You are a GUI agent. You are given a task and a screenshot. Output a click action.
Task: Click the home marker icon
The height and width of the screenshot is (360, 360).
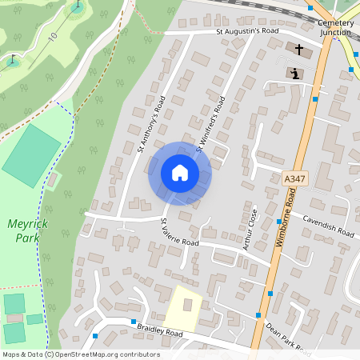pos(179,173)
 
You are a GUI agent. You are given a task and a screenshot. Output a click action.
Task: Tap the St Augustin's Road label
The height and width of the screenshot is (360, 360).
pos(247,31)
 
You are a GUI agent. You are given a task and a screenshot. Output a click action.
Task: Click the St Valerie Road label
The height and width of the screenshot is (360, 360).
pos(179,232)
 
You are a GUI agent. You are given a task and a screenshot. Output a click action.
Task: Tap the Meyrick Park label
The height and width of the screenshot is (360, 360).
pos(27,230)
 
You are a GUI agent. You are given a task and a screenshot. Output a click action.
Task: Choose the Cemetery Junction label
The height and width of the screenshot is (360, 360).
pos(335,28)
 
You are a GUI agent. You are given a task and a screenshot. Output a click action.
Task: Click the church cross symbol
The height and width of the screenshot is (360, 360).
pos(299,50)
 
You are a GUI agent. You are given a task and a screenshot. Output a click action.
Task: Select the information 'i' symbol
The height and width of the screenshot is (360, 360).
pos(295,74)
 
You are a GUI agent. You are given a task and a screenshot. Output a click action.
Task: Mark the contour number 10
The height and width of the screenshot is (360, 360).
pos(53,37)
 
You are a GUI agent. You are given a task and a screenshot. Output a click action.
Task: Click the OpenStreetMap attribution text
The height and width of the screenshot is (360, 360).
pos(80,354)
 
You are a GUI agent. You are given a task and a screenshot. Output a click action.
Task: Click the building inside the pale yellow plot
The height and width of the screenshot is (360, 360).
pos(189,304)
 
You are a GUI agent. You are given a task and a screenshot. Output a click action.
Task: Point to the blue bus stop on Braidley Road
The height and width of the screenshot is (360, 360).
pos(95,336)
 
